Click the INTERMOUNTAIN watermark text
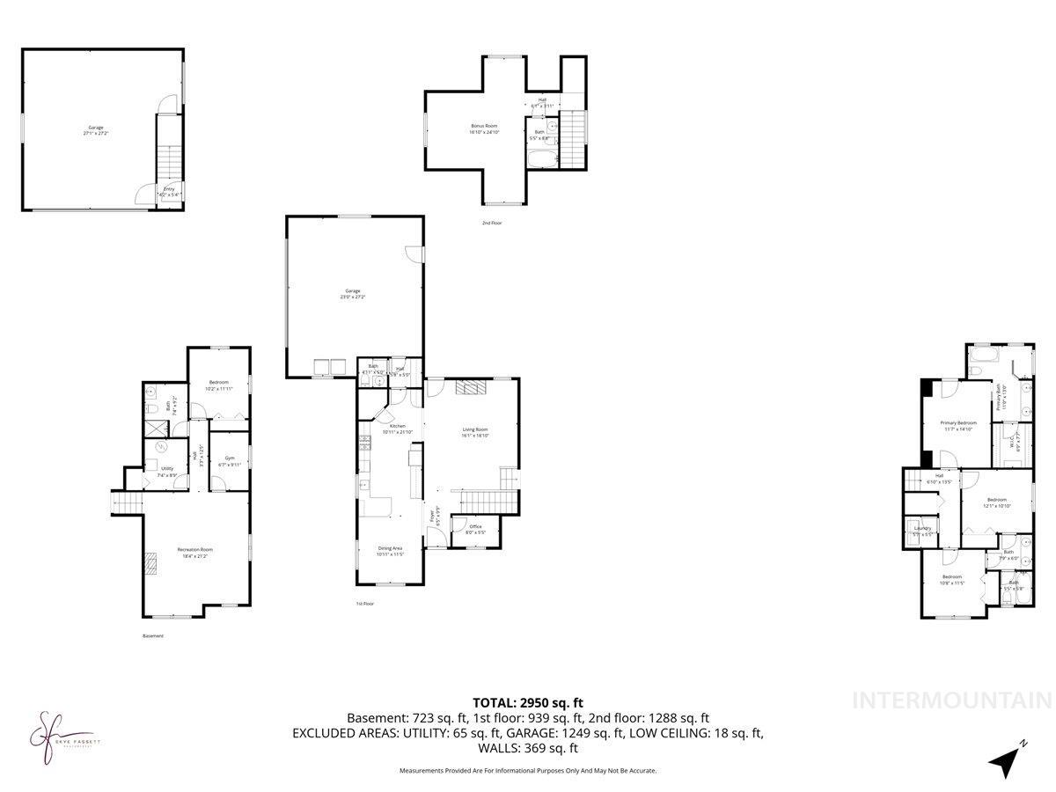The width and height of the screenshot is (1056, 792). pos(953,701)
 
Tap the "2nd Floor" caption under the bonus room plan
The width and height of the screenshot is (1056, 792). pos(492,223)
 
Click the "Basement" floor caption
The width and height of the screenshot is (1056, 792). pos(152,635)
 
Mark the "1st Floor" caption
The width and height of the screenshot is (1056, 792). pos(365,604)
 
